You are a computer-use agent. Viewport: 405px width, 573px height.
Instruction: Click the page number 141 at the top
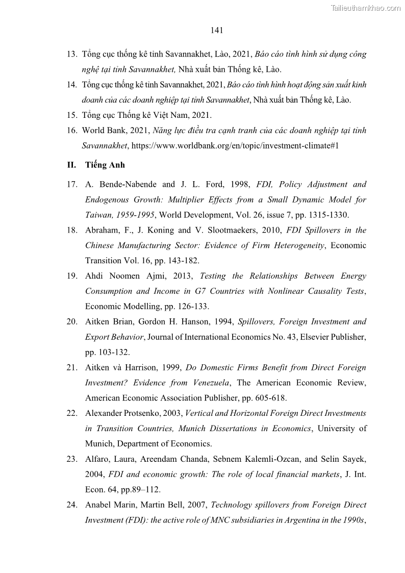(x=217, y=30)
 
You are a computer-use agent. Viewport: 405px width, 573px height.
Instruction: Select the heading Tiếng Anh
(x=105, y=165)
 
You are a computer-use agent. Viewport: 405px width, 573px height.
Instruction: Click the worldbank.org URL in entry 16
(x=235, y=146)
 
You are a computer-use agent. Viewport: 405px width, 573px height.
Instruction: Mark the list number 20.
(x=71, y=322)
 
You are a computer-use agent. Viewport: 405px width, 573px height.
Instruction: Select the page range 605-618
(x=265, y=398)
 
